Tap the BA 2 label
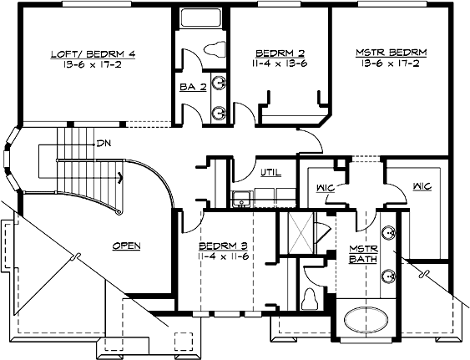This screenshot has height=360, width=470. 188,86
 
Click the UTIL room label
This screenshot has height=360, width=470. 270,173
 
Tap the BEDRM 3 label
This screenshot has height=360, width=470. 222,246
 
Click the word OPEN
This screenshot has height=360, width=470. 126,246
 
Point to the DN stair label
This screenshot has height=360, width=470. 104,143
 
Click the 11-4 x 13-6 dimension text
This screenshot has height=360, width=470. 279,62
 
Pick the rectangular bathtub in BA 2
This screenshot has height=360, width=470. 201,19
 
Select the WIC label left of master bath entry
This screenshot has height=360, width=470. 326,187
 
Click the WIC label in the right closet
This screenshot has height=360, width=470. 422,186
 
